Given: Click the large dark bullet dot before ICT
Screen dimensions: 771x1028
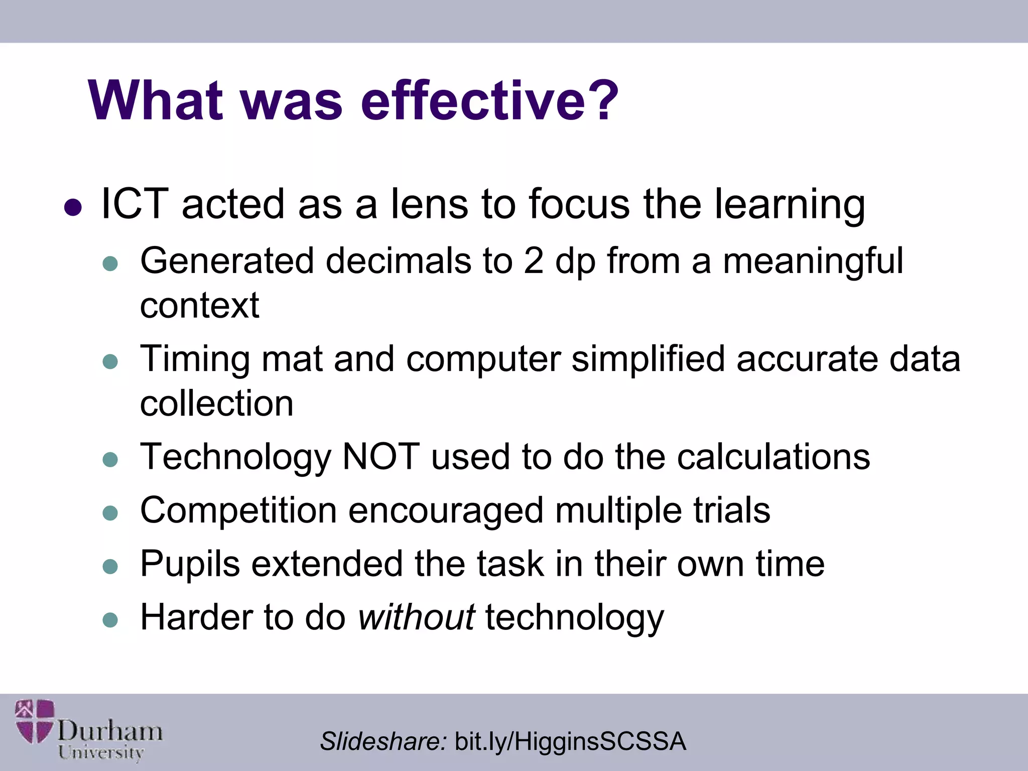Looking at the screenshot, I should pyautogui.click(x=73, y=207).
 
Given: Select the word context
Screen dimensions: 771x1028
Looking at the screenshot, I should pyautogui.click(x=199, y=305).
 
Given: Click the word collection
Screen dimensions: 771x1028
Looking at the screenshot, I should pyautogui.click(x=216, y=404).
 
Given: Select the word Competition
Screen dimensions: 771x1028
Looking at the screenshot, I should pyautogui.click(x=238, y=511).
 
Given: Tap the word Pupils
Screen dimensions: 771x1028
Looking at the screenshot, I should pyautogui.click(x=190, y=564).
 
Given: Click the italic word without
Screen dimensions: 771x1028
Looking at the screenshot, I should pyautogui.click(x=416, y=617).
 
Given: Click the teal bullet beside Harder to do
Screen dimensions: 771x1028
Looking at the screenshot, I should pyautogui.click(x=110, y=620).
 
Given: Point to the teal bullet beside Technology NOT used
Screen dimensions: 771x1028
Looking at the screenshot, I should pyautogui.click(x=110, y=459).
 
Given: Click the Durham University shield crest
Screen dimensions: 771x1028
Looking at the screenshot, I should pyautogui.click(x=34, y=721).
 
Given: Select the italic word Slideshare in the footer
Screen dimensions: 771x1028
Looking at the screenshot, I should pyautogui.click(x=383, y=741).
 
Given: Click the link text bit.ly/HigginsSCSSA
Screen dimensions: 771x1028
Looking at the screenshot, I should pyautogui.click(x=570, y=741).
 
